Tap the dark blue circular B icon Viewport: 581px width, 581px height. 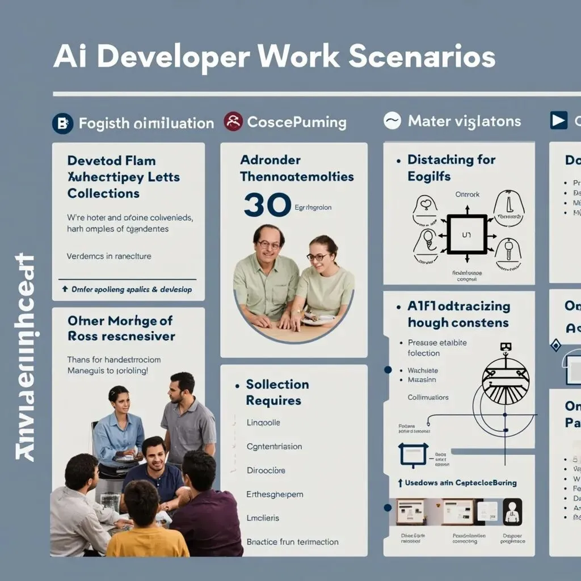point(62,123)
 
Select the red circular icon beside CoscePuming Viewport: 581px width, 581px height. point(233,121)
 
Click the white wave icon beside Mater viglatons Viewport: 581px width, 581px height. point(392,121)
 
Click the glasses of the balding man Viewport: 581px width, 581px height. point(269,245)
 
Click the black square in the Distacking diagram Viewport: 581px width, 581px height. point(466,234)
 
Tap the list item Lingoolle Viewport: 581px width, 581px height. point(263,423)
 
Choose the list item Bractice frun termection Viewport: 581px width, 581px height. point(292,542)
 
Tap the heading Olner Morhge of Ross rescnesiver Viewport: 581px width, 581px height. point(121,329)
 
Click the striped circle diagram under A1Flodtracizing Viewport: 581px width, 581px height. point(505,381)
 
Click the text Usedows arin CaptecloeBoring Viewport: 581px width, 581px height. point(460,483)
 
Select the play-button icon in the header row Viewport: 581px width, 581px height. point(558,120)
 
